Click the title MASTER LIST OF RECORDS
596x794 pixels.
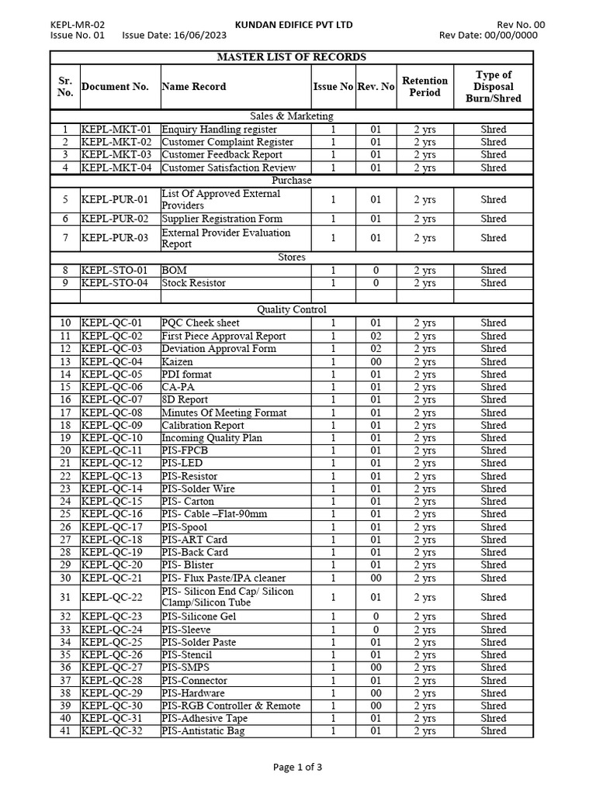(x=292, y=57)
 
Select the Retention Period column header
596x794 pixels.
(x=424, y=87)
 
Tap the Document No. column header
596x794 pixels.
(x=115, y=87)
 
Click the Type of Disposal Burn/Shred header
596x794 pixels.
(x=493, y=87)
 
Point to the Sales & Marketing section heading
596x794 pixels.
(x=292, y=116)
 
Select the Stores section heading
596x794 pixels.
(x=292, y=257)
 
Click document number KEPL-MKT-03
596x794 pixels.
(x=116, y=155)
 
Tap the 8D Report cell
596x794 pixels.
(x=185, y=400)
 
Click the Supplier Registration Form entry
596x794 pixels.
(x=222, y=219)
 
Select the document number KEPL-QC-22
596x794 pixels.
(x=112, y=598)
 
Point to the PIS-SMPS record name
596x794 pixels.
(x=185, y=668)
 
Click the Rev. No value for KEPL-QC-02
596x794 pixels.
(x=376, y=337)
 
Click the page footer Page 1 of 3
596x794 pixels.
(x=298, y=768)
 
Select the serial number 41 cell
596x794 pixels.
(x=65, y=731)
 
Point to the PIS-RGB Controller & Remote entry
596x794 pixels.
(x=230, y=706)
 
